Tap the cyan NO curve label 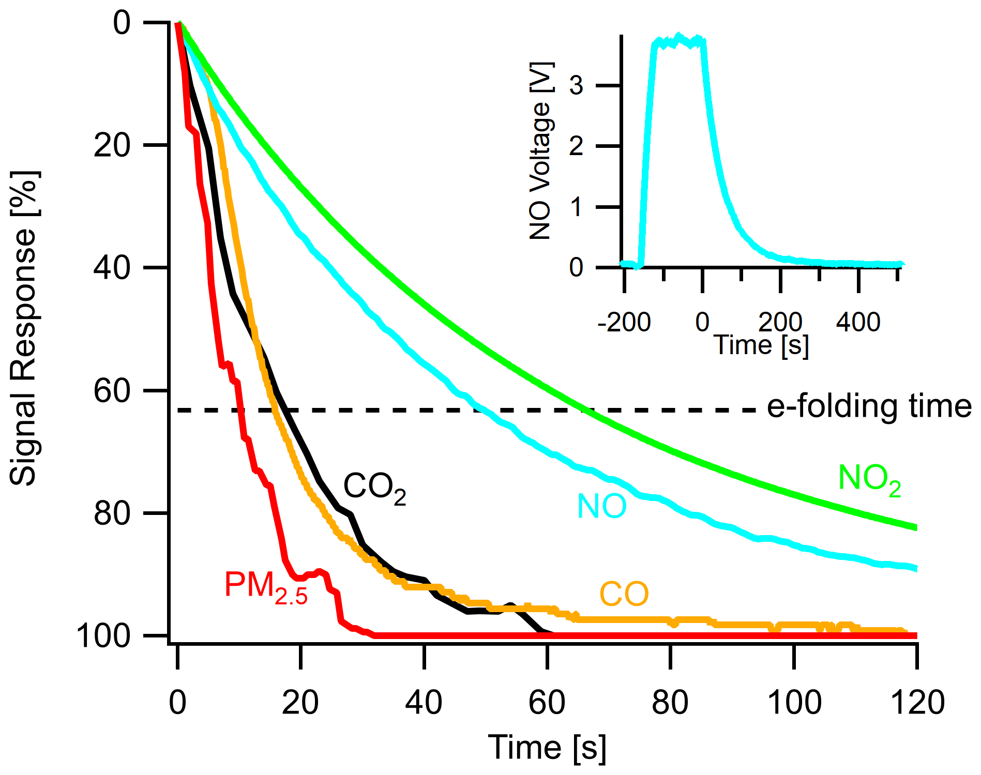pyautogui.click(x=601, y=506)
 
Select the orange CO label pyautogui.click(x=624, y=594)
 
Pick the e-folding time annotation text pyautogui.click(x=869, y=406)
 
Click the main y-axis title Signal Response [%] pyautogui.click(x=23, y=328)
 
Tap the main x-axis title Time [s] pyautogui.click(x=547, y=747)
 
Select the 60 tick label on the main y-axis pyautogui.click(x=112, y=391)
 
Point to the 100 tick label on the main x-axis pyautogui.click(x=794, y=703)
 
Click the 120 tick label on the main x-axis pyautogui.click(x=917, y=703)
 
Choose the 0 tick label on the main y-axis pyautogui.click(x=122, y=24)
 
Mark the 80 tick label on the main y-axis pyautogui.click(x=112, y=513)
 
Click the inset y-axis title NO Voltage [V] pyautogui.click(x=541, y=151)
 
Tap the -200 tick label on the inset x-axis pyautogui.click(x=624, y=323)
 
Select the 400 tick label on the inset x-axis pyautogui.click(x=858, y=323)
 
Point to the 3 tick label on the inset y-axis pyautogui.click(x=576, y=85)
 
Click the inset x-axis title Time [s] pyautogui.click(x=761, y=345)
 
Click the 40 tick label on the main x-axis pyautogui.click(x=424, y=703)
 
